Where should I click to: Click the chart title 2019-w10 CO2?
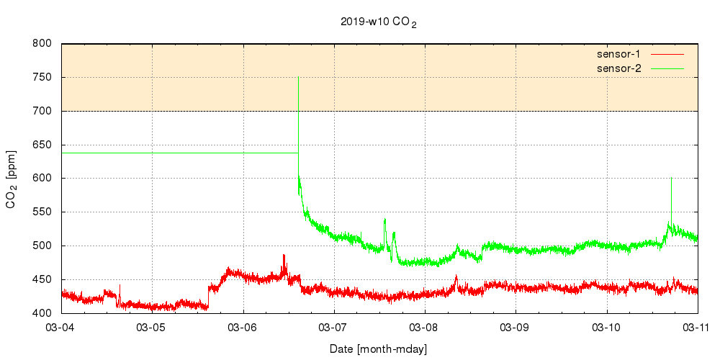click(x=379, y=22)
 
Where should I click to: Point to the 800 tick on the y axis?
click(x=42, y=44)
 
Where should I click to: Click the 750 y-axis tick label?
click(x=42, y=78)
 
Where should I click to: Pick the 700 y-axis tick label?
click(x=42, y=111)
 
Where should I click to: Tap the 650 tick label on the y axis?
click(x=42, y=145)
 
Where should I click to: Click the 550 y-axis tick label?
click(x=42, y=212)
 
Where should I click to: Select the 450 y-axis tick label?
click(x=42, y=279)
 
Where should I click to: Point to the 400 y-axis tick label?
click(x=42, y=313)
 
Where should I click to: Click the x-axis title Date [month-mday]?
click(x=379, y=349)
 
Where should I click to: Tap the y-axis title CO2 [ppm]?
click(x=12, y=179)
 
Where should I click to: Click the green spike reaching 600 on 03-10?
click(x=671, y=179)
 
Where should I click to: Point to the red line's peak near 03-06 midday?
click(x=284, y=256)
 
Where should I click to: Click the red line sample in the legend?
click(x=667, y=54)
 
